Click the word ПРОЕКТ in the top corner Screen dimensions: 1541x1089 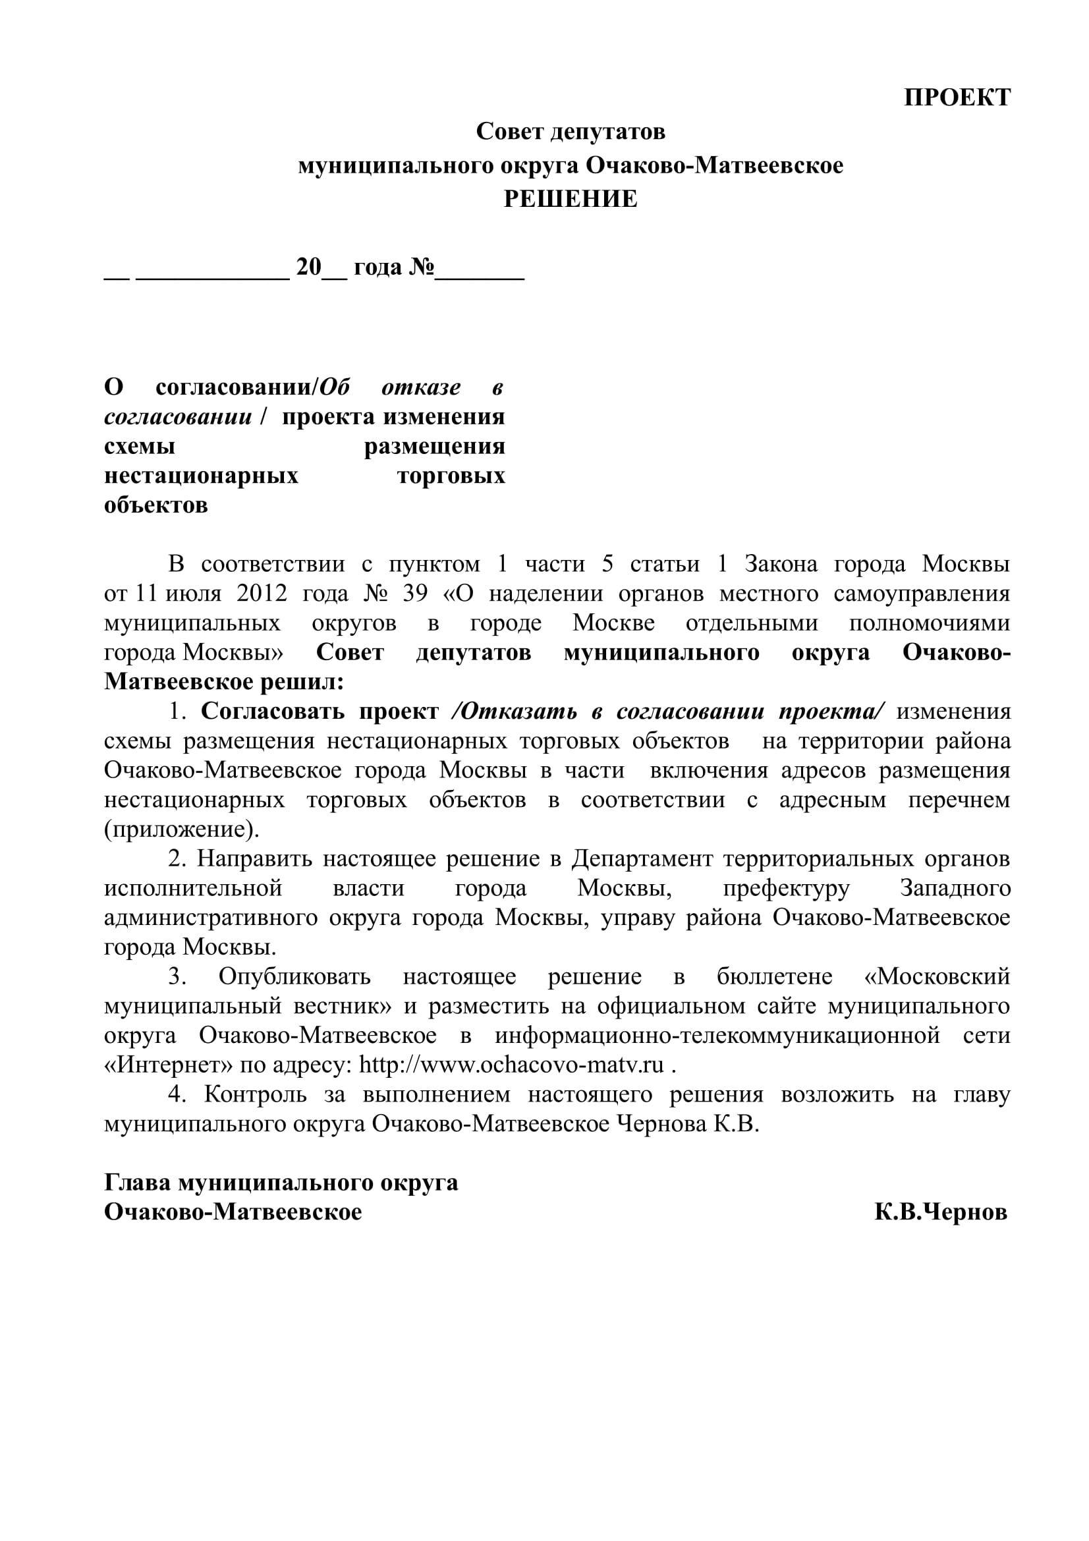[x=957, y=98]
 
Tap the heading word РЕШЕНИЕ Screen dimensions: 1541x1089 [x=571, y=200]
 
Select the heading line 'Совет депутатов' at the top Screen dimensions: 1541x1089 [x=571, y=132]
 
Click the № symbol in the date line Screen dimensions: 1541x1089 [x=422, y=267]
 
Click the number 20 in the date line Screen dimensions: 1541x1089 [x=310, y=267]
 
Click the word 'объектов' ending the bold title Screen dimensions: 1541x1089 [x=155, y=505]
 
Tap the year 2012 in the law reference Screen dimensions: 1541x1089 [x=262, y=594]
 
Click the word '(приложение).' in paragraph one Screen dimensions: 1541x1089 [x=181, y=829]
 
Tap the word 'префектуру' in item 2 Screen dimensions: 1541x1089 [x=787, y=888]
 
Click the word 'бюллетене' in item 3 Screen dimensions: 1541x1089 [x=774, y=976]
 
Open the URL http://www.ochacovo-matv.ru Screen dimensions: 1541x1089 [x=511, y=1065]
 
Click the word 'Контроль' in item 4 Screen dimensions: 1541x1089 [x=256, y=1095]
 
